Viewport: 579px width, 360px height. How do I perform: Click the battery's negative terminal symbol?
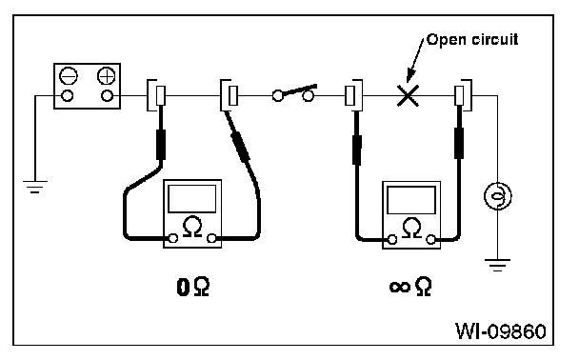click(69, 76)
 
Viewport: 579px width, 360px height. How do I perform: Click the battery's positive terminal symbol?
click(107, 76)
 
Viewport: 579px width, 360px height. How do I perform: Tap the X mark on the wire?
click(408, 95)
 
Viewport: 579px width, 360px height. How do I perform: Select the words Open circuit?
click(472, 40)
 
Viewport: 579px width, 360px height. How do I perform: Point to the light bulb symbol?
click(497, 196)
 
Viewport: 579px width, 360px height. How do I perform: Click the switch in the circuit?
click(294, 93)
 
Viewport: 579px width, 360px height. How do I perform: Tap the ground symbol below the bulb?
click(497, 265)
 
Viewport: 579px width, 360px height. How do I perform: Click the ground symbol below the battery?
click(35, 187)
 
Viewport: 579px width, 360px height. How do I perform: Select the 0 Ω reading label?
click(193, 287)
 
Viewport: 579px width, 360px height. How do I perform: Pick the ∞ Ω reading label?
click(410, 287)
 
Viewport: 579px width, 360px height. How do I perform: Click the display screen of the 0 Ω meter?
click(192, 199)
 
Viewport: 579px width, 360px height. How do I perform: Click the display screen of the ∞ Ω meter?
click(411, 200)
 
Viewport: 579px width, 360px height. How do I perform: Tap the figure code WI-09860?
click(501, 330)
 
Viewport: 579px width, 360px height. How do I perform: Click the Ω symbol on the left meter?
click(192, 227)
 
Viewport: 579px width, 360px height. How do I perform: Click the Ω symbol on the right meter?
click(411, 228)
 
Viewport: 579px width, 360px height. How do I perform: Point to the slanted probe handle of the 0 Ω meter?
click(240, 147)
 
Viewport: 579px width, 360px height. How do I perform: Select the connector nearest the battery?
click(156, 95)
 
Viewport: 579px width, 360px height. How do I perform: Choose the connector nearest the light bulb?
click(463, 95)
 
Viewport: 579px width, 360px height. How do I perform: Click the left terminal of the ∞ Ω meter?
click(392, 240)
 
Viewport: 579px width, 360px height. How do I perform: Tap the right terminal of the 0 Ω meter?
click(211, 238)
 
